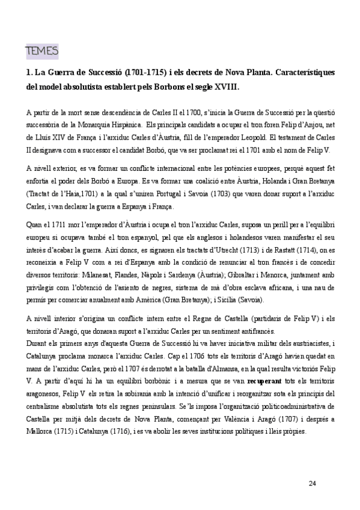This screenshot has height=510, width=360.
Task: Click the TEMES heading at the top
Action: [41, 51]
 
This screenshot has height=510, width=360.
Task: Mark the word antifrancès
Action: [253, 331]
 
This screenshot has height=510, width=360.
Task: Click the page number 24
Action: [311, 484]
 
